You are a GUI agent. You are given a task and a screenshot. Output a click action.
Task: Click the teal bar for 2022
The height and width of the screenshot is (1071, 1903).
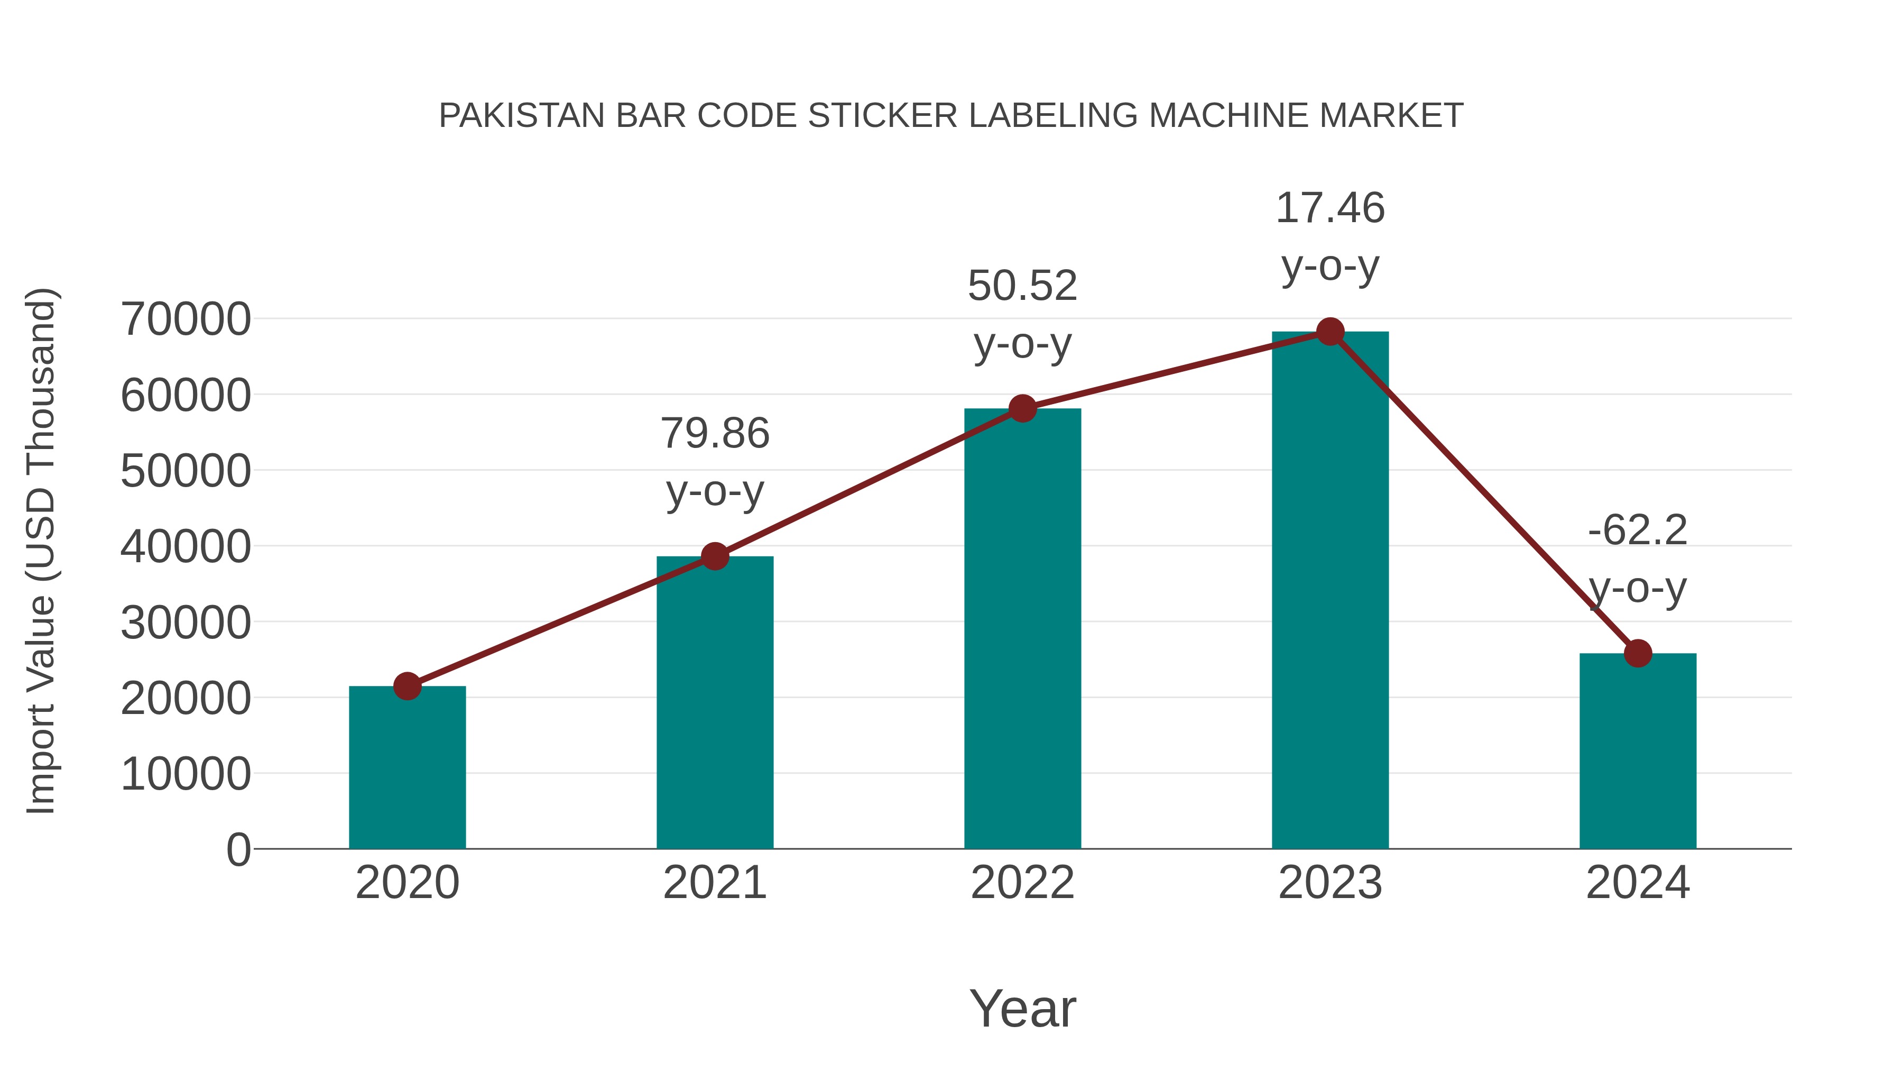pos(1022,628)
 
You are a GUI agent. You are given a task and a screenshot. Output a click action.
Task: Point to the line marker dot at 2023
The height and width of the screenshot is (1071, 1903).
pos(1331,332)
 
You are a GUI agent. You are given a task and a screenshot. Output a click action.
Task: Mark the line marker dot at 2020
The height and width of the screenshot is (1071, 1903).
pos(407,686)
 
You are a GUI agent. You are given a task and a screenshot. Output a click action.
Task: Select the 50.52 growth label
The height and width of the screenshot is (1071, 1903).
pos(1022,286)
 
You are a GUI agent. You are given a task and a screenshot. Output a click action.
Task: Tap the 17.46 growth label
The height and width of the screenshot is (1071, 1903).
pos(1331,208)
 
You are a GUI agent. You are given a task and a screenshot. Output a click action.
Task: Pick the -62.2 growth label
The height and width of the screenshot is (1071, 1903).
pos(1638,530)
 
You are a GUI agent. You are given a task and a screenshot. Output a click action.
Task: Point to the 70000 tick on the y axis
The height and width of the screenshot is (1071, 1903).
pos(186,320)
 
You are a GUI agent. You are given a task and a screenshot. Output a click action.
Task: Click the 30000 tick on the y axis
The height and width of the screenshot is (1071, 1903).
pos(186,623)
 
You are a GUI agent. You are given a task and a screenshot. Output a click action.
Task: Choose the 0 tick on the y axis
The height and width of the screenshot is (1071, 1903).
pos(238,850)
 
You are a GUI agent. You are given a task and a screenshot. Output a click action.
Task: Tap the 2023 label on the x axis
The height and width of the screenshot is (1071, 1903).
pos(1331,883)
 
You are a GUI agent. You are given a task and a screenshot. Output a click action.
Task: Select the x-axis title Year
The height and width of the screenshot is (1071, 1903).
pos(1022,1009)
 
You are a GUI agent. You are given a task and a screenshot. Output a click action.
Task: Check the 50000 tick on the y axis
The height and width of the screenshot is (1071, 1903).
pos(186,472)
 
